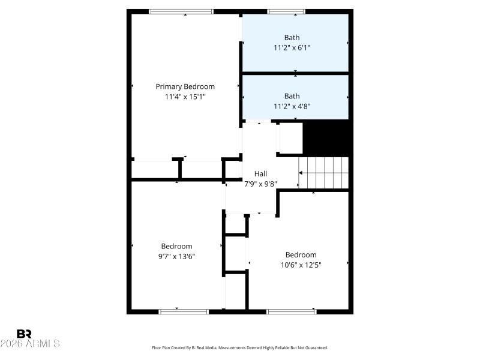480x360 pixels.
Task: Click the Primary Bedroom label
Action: coord(185,86)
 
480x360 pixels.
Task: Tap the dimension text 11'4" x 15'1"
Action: coord(185,97)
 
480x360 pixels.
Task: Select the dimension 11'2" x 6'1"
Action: coord(292,47)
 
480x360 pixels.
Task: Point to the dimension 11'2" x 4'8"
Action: coord(292,106)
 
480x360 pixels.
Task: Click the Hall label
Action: coord(260,174)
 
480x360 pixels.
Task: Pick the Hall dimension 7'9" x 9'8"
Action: coord(260,184)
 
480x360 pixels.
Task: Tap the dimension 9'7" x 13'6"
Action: coord(176,256)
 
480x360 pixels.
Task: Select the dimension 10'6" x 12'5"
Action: coord(301,265)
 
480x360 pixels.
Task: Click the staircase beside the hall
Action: coord(324,173)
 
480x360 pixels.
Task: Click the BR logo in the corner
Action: coord(24,334)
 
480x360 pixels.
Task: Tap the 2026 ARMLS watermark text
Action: coord(30,344)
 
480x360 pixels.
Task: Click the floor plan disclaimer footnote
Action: coord(240,347)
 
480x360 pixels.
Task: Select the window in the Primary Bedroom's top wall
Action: coord(181,11)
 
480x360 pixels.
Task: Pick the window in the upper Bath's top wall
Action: coord(286,11)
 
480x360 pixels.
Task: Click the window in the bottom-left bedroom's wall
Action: coord(183,311)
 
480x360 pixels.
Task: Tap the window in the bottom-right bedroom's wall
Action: coord(291,311)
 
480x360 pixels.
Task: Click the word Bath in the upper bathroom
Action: coord(292,37)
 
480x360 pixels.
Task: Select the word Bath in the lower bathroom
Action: coord(292,96)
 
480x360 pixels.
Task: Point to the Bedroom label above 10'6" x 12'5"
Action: coord(301,254)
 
